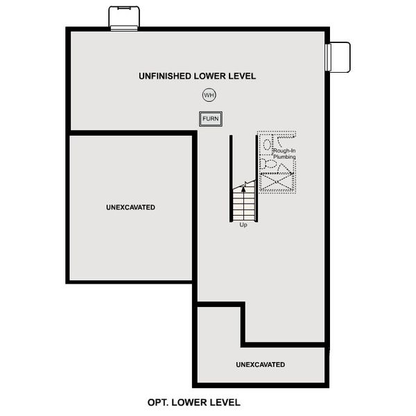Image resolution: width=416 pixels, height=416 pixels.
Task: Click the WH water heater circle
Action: click(209, 95)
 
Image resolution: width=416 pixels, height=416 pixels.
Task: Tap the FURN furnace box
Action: click(210, 119)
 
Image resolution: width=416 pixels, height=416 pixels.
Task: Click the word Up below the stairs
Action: click(243, 225)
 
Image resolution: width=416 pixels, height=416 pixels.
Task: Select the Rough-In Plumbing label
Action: click(284, 154)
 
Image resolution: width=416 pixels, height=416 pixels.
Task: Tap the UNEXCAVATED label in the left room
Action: click(130, 207)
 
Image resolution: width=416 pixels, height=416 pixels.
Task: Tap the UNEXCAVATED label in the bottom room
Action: click(260, 365)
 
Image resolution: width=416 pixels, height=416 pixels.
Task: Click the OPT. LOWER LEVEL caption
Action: click(194, 402)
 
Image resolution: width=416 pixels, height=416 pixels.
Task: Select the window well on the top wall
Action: click(125, 18)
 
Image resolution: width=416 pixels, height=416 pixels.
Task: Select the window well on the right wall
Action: click(339, 56)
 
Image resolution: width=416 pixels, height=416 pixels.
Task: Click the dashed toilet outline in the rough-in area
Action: click(268, 164)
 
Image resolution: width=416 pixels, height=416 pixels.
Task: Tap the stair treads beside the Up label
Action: click(243, 205)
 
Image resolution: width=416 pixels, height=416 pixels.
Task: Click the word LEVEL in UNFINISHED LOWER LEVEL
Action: click(242, 76)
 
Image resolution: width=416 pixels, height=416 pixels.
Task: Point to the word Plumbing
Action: click(284, 157)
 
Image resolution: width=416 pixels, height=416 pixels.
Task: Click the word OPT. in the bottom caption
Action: click(159, 402)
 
